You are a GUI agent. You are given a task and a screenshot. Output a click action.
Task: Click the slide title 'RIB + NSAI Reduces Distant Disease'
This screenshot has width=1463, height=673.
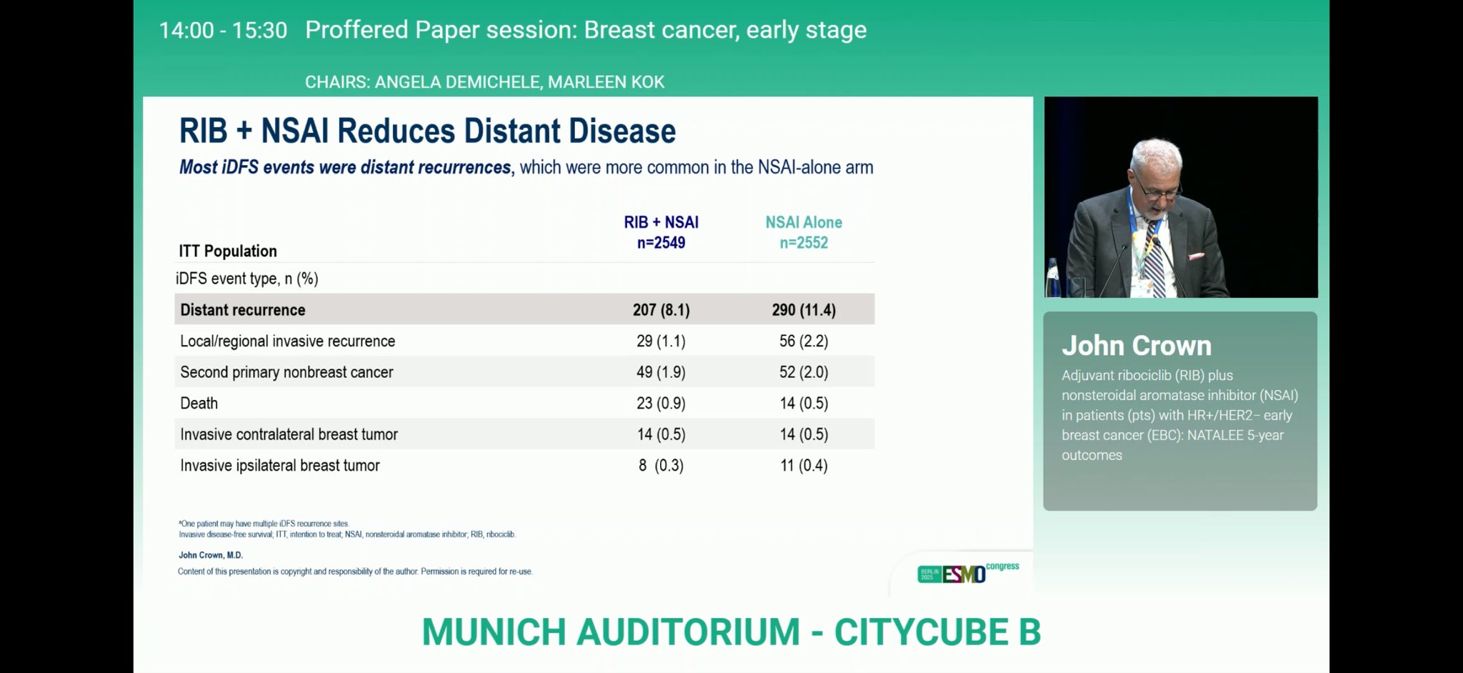click(x=427, y=131)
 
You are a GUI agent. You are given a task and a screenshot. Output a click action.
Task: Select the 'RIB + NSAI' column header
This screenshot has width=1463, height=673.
click(x=661, y=222)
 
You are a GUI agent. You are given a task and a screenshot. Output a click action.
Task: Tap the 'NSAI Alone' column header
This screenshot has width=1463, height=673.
click(x=804, y=222)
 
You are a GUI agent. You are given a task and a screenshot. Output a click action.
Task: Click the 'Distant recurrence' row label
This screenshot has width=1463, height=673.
click(x=243, y=310)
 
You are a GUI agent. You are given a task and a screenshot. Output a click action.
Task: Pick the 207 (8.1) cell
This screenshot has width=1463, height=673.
click(x=661, y=310)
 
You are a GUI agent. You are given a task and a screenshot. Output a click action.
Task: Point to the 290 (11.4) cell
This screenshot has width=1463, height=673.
click(x=804, y=310)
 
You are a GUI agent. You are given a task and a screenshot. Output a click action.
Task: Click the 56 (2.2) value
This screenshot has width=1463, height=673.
click(x=804, y=341)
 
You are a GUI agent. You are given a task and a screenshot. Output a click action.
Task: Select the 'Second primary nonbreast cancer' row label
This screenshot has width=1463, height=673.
click(x=286, y=372)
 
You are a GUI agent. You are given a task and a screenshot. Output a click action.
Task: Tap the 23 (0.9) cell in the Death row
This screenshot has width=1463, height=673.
click(x=661, y=403)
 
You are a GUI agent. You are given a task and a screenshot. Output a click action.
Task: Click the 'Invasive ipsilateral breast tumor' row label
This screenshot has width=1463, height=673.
click(x=280, y=465)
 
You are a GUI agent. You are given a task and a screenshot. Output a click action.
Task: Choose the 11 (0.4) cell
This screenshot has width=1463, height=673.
click(x=804, y=465)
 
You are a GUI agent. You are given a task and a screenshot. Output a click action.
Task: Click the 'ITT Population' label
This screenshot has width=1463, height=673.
click(x=228, y=251)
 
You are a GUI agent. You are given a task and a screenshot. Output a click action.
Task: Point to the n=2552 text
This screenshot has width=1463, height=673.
click(x=804, y=243)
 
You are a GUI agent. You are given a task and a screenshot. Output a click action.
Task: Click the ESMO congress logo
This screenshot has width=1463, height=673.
click(x=968, y=572)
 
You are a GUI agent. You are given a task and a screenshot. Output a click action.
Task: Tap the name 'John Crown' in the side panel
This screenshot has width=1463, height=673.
click(x=1137, y=346)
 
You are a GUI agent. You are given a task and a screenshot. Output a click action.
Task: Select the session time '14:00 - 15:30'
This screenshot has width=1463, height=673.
click(x=223, y=30)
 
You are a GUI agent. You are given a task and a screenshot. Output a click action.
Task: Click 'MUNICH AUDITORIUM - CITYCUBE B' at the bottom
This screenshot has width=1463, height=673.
click(x=731, y=632)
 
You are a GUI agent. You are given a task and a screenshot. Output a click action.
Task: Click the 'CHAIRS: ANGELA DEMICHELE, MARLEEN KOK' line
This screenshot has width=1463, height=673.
click(x=484, y=82)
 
